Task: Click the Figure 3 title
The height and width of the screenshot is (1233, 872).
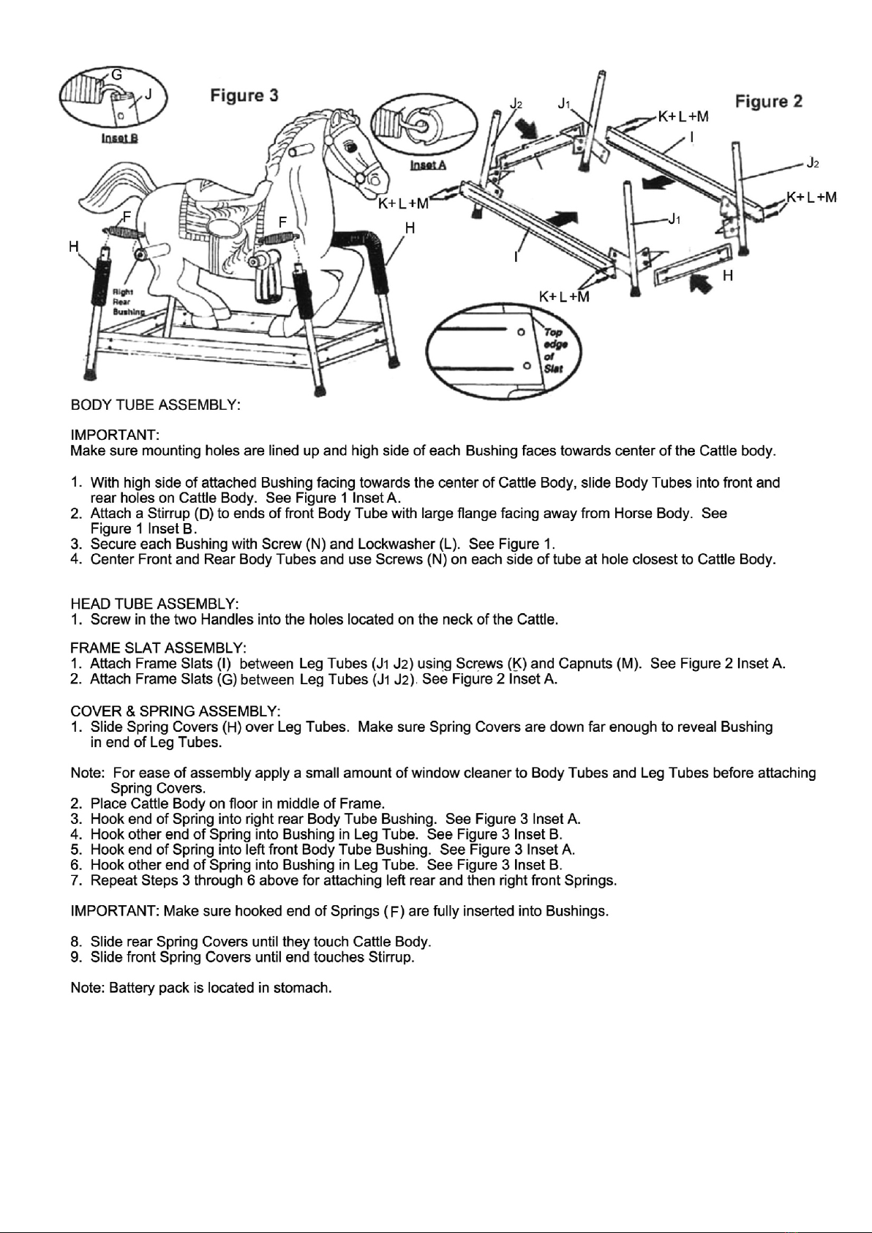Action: coord(244,96)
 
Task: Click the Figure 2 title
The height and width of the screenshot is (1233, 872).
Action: coord(769,101)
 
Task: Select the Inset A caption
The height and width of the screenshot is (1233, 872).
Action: coord(428,165)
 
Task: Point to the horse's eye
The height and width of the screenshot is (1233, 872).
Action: coord(349,148)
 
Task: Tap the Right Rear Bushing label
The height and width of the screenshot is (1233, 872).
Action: coord(126,301)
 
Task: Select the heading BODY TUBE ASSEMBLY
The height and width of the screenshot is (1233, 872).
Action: coord(156,405)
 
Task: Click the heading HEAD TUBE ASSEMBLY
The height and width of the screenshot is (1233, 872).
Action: coord(154,604)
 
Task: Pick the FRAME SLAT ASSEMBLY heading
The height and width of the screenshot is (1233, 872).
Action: coord(159,648)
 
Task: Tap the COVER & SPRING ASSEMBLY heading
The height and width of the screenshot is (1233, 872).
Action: coord(176,711)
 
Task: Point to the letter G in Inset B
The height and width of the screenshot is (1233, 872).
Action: coord(116,75)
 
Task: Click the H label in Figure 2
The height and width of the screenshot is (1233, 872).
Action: coord(728,275)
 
